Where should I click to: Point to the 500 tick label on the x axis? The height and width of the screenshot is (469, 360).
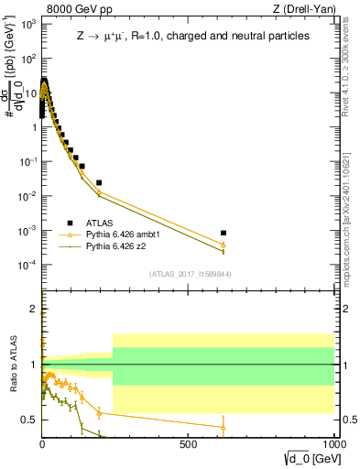coord(189,444)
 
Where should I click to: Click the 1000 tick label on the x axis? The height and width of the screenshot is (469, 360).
coord(333,444)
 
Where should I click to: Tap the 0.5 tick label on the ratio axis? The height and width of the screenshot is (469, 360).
coord(29,420)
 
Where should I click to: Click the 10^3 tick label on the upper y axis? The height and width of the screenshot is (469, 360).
coord(27,25)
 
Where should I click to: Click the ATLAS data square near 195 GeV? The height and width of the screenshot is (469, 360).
coord(99,182)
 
